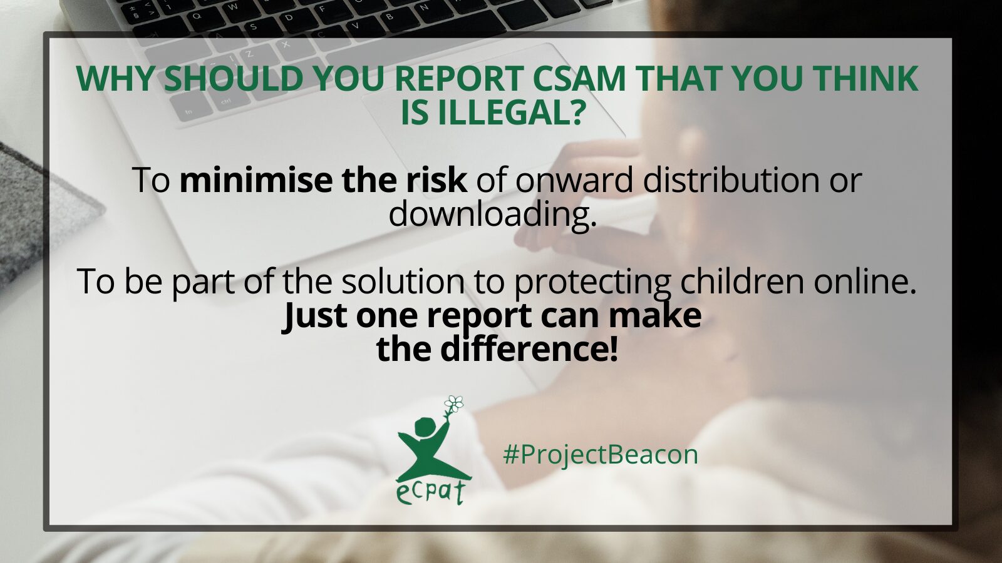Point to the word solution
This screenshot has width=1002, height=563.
pos(403,281)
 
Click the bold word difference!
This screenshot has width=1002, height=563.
pos(529,349)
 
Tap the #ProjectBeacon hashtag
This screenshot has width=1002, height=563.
pos(601,455)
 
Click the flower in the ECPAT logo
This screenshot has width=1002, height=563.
pos(455,404)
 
